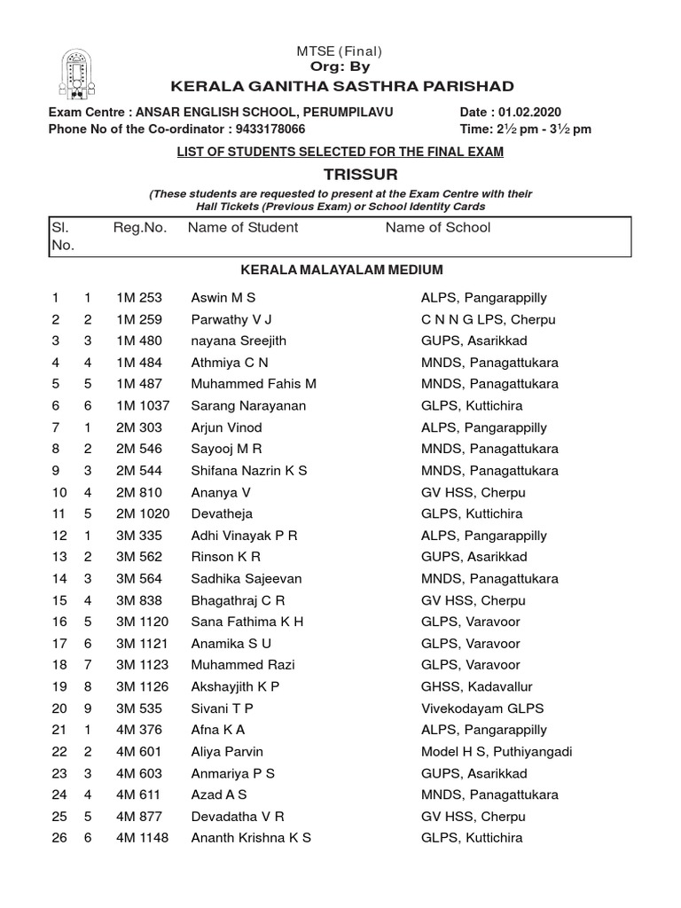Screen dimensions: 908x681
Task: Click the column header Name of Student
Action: point(243,228)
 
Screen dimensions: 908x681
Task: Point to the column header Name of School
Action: point(438,228)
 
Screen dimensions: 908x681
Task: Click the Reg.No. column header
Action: point(140,228)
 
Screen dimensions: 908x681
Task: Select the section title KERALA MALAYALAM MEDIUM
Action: point(341,270)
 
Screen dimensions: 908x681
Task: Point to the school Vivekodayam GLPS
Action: point(482,708)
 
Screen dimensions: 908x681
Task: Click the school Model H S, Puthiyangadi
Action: point(497,752)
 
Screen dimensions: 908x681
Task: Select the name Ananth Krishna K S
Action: point(251,838)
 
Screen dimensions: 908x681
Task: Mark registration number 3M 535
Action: point(138,708)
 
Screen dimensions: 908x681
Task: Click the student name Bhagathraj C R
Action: point(237,600)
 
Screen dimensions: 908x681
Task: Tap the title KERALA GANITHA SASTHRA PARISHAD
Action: point(341,86)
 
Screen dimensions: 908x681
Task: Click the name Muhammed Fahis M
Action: point(254,384)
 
